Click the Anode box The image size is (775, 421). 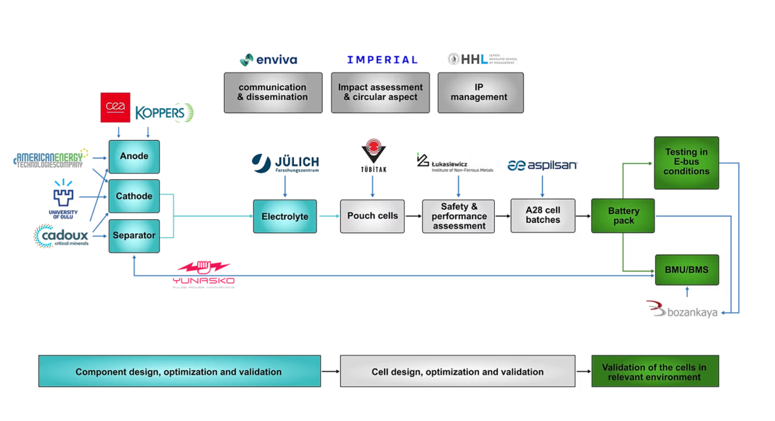(134, 156)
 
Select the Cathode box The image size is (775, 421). (134, 196)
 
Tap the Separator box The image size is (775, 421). (134, 236)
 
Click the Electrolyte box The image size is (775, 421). (284, 216)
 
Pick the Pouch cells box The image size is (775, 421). (372, 216)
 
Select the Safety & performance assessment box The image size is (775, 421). (459, 216)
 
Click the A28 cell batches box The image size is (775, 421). (543, 216)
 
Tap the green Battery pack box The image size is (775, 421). (623, 216)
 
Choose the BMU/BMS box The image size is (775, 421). (686, 270)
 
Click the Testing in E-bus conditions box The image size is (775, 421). (686, 163)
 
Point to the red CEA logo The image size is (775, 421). (115, 107)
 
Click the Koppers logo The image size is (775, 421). (165, 113)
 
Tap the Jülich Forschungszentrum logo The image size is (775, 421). (285, 163)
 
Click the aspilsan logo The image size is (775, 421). (542, 165)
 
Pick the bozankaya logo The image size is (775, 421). (682, 311)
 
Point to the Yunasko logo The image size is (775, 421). (204, 274)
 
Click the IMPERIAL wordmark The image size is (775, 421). (382, 60)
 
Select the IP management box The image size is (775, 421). (480, 92)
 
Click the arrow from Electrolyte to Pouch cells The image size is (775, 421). (329, 216)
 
